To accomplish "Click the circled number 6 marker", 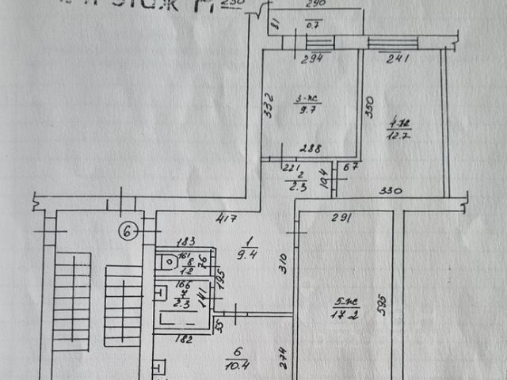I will (129, 231).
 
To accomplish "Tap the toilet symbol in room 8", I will (166, 262).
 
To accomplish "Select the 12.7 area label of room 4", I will (398, 134).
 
